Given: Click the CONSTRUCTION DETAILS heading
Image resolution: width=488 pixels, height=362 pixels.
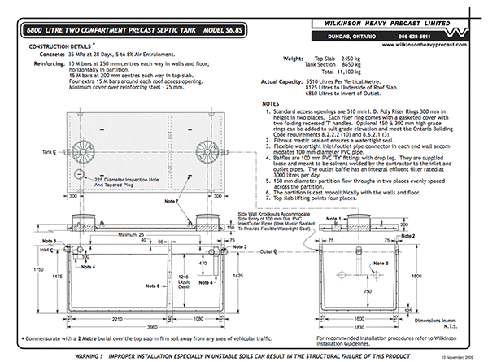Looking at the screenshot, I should click(x=59, y=47).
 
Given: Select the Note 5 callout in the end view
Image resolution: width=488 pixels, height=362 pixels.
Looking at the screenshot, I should click(x=383, y=264).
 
